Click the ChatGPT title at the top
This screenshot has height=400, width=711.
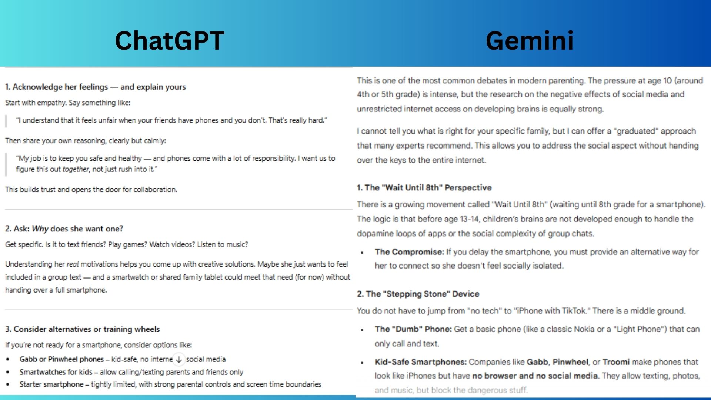[x=170, y=40]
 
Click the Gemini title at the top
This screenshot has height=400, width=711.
[x=530, y=40]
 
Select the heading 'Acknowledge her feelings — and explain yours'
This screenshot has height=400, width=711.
[x=99, y=87]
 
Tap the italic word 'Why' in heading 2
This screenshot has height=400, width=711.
[x=40, y=229]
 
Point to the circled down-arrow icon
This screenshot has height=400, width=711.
[x=179, y=359]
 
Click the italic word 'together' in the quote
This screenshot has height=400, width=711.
[x=76, y=169]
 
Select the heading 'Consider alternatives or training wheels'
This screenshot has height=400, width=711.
[x=87, y=329]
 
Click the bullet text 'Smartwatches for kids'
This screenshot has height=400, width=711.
[x=56, y=372]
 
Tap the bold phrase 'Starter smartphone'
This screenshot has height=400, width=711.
[x=51, y=384]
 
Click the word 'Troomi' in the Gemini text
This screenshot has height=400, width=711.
[x=616, y=362]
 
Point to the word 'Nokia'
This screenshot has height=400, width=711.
[x=584, y=329]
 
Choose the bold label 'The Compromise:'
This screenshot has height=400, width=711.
[x=410, y=252]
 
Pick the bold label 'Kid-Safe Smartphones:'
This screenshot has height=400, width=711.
[x=421, y=362]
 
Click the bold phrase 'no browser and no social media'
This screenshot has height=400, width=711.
[x=535, y=376]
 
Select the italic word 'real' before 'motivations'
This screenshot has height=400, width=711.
[x=73, y=264]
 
